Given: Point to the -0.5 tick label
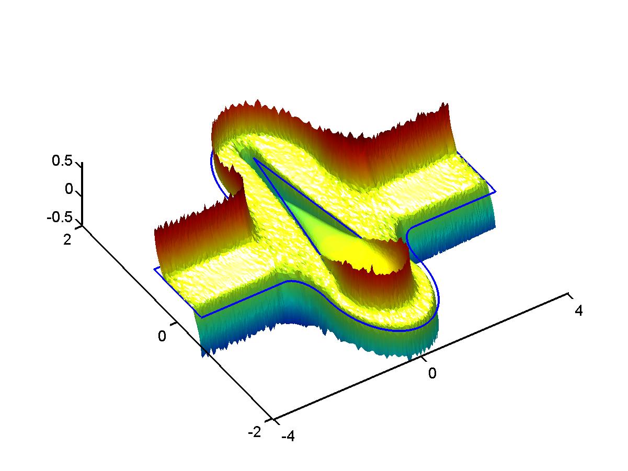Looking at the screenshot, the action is [60, 217].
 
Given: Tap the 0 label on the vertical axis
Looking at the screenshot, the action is [69, 189].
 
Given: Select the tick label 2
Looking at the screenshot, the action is [67, 239].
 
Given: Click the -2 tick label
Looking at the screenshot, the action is [255, 432].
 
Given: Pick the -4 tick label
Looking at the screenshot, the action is [288, 436].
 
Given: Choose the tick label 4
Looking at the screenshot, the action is [578, 311].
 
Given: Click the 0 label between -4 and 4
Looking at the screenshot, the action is [432, 373].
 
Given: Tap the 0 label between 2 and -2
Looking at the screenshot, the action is [162, 336].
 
